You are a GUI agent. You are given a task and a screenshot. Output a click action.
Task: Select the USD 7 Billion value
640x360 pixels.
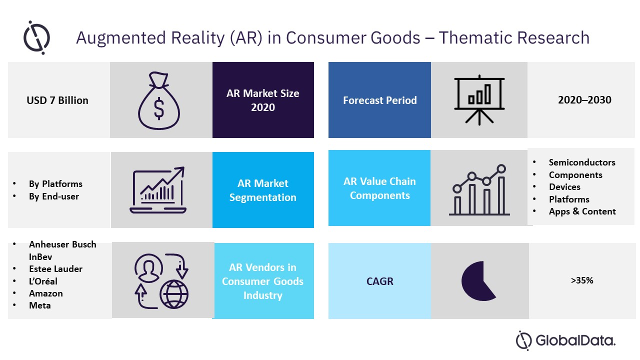point(57,100)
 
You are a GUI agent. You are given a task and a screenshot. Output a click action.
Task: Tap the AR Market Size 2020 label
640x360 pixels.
point(263,100)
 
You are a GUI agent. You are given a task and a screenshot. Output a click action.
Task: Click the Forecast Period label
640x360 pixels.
point(379,100)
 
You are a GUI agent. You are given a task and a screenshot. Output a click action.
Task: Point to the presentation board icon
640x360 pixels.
point(479,99)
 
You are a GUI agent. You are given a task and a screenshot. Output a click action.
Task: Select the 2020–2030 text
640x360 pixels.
point(584,100)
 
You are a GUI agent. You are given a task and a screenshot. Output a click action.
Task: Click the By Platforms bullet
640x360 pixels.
point(55,184)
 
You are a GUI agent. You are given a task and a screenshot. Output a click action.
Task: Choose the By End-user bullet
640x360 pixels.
point(54,196)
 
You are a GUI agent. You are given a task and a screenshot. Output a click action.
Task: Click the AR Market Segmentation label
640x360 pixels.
point(263,190)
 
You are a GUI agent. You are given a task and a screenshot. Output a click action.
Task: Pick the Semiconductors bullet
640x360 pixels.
point(582,162)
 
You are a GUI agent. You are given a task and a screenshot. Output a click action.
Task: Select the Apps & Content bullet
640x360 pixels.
point(582,211)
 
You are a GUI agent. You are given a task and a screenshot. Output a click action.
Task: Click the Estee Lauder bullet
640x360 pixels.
point(55,269)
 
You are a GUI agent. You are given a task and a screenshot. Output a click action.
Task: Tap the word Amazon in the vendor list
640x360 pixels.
point(46,293)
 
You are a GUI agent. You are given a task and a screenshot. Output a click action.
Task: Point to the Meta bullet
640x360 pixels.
point(40,305)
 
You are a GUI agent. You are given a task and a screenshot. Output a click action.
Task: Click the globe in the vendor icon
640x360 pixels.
point(174,294)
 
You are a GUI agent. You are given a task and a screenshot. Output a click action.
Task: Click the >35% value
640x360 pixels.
point(582,280)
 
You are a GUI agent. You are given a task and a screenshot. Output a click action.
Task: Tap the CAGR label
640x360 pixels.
point(379,281)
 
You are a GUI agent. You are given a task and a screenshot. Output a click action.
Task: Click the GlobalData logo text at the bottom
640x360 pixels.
point(575,341)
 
